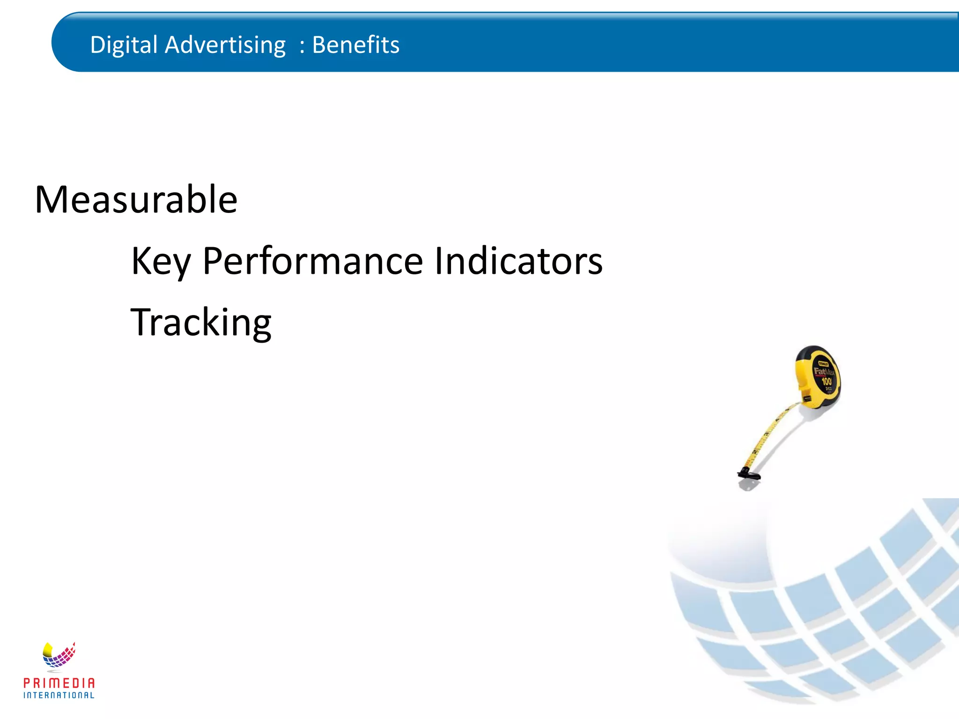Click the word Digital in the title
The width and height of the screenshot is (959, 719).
pos(124,45)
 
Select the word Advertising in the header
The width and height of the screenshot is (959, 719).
pos(225,45)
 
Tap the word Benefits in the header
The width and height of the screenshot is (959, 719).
pos(355,45)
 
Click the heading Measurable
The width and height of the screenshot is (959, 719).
pos(136,200)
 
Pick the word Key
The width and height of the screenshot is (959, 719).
pos(161,261)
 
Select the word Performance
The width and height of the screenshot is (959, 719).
pos(313,261)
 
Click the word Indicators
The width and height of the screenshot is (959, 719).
pos(519,261)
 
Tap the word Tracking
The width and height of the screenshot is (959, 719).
pos(201,323)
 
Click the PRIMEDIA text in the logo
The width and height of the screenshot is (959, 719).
pos(59,683)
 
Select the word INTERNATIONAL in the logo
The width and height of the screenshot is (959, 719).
pos(59,695)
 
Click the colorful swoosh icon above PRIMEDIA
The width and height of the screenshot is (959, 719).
pos(59,654)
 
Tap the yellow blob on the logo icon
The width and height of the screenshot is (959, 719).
pos(48,649)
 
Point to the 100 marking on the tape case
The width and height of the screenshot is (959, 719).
pos(826,382)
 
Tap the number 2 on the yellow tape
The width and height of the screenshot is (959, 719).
pos(755,452)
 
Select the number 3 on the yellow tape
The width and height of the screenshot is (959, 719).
pos(766,434)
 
